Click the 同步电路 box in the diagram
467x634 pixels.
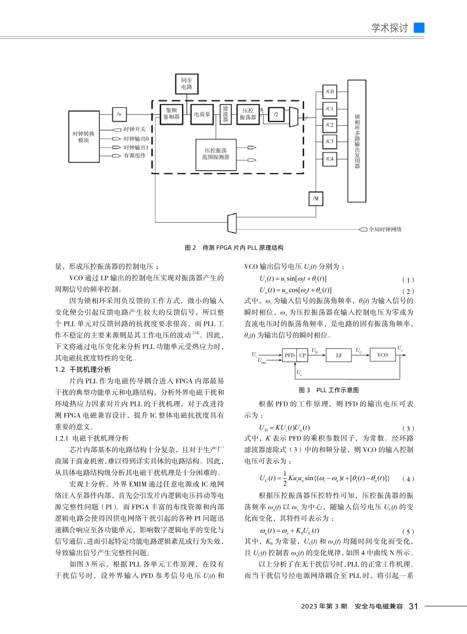(x=186, y=84)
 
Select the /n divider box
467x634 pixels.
(x=119, y=114)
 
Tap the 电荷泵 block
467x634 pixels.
(x=202, y=115)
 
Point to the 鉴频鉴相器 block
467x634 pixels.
(x=172, y=114)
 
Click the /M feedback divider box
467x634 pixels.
(x=316, y=199)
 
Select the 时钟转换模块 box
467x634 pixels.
(x=84, y=137)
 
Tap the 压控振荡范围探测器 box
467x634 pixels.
(x=216, y=153)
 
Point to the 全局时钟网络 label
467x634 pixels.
(x=385, y=230)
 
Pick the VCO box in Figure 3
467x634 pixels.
(x=382, y=355)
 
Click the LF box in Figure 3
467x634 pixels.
(x=339, y=355)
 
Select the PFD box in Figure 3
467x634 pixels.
(x=289, y=355)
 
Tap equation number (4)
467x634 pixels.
(x=408, y=479)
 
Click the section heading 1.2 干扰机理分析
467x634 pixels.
(x=83, y=369)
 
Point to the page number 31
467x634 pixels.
(x=413, y=606)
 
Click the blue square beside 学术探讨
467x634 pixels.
(x=419, y=28)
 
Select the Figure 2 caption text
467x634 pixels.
(x=234, y=248)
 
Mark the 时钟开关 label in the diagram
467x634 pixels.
(x=134, y=130)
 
